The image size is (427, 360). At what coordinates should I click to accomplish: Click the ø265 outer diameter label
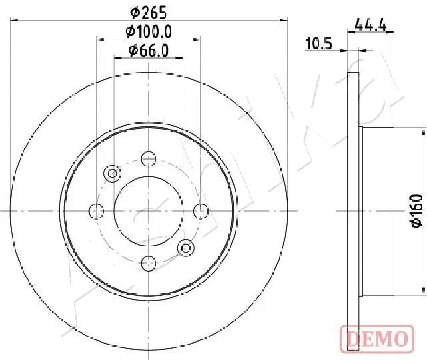point(148,12)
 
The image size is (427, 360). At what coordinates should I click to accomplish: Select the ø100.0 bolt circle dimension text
point(149,31)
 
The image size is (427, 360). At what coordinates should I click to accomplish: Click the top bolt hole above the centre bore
point(149,159)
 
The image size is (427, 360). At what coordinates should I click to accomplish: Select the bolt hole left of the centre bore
point(97,211)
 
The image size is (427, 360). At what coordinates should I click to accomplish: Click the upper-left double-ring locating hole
point(112,174)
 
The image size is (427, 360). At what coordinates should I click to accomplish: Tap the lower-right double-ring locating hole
point(185,248)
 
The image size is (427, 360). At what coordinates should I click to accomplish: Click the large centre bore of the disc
point(149,211)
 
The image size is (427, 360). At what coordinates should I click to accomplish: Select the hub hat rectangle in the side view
point(377,211)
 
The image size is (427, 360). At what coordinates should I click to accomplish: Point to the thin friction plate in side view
point(354,211)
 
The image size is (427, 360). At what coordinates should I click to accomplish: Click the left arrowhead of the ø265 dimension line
point(15,21)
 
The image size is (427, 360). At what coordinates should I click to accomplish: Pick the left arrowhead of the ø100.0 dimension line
point(99,39)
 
